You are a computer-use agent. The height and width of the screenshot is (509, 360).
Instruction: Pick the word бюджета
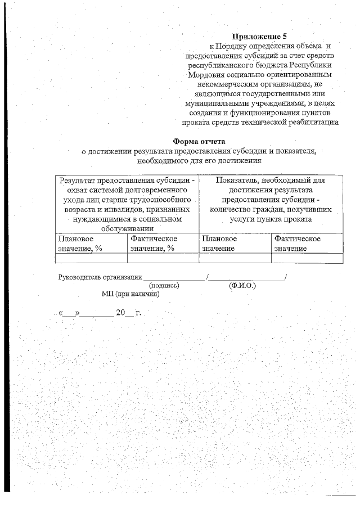tap(264, 65)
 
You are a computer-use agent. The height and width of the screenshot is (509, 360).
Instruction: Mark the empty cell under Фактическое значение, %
tap(163, 258)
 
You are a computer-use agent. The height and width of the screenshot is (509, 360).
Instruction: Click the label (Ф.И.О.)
tap(242, 285)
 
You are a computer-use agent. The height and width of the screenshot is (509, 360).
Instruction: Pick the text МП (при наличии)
tap(130, 294)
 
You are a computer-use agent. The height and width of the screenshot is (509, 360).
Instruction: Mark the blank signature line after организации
tap(174, 277)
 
